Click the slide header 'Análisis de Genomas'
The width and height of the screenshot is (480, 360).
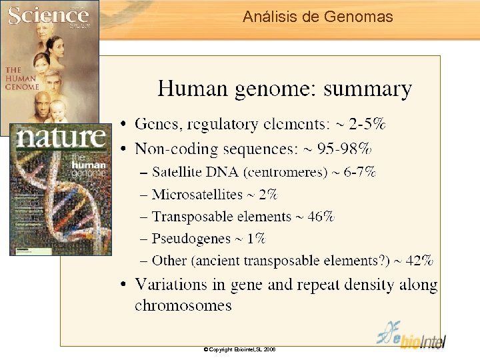[x=318, y=17]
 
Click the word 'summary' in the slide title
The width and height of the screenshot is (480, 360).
[x=367, y=89]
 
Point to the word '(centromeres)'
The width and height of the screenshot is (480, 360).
[x=285, y=172]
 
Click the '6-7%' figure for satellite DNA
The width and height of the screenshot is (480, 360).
[x=360, y=172]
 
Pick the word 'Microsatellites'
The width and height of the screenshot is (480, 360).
[x=197, y=195]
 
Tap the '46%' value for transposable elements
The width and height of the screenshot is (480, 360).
[x=321, y=217]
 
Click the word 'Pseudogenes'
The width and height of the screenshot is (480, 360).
[x=190, y=239]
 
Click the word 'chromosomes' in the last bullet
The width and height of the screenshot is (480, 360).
[x=183, y=306]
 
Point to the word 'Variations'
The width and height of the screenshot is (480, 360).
[x=171, y=285]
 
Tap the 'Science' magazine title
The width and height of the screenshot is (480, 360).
[x=48, y=15]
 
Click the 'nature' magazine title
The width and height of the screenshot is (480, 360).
[x=61, y=138]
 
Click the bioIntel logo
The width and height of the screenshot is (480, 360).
[x=411, y=335]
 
